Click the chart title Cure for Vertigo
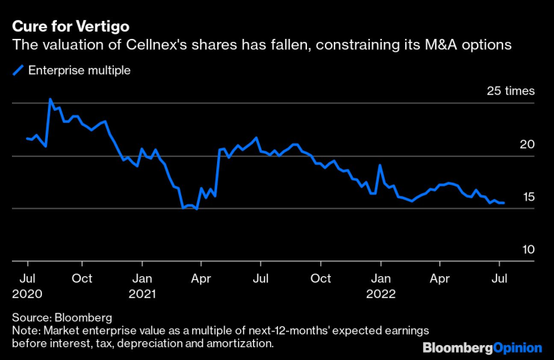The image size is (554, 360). click(x=64, y=28)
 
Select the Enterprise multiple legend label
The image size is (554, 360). click(x=79, y=71)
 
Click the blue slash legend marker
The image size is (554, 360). click(x=18, y=71)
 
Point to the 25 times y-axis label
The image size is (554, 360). click(x=511, y=91)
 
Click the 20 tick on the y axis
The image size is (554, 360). click(x=529, y=144)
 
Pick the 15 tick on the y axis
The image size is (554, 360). click(x=529, y=197)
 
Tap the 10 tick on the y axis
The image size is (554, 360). click(x=529, y=249)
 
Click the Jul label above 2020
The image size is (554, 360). click(x=27, y=278)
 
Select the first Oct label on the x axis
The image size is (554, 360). click(x=82, y=278)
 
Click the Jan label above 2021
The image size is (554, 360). click(x=142, y=278)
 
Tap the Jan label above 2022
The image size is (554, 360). click(x=381, y=278)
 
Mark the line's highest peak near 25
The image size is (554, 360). click(x=50, y=99)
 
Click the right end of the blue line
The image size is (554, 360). click(x=504, y=203)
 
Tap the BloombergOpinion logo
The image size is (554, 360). click(x=482, y=348)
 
